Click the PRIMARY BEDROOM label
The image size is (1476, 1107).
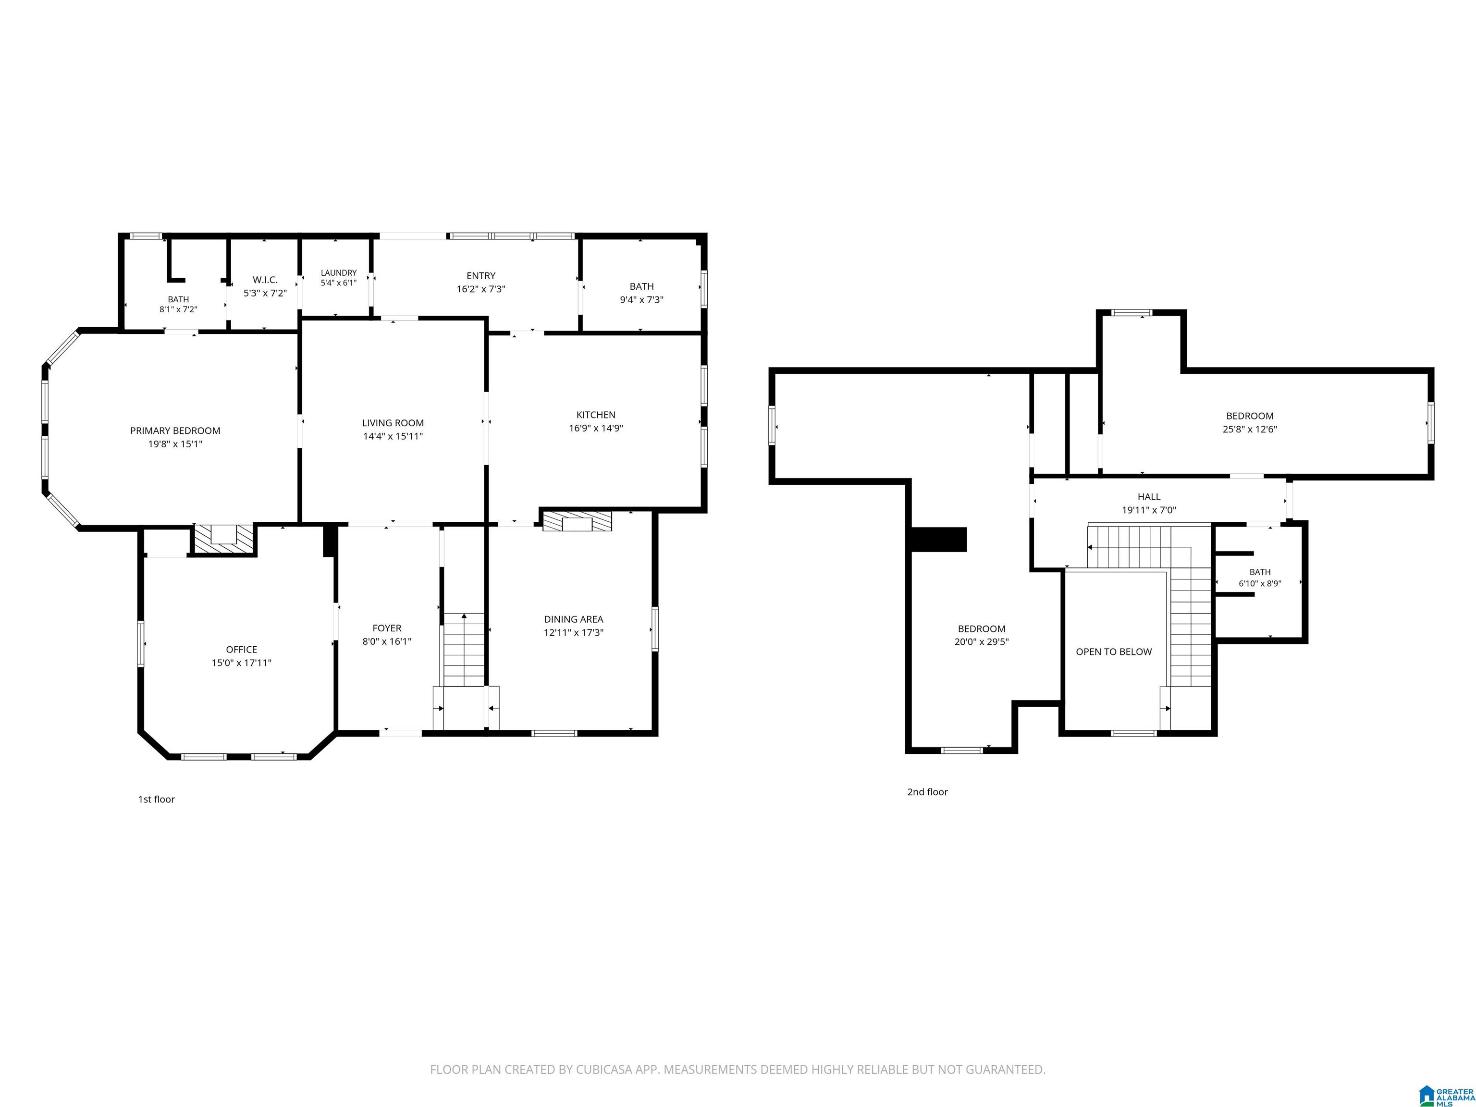pyautogui.click(x=175, y=431)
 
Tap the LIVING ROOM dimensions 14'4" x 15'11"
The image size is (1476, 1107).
pyautogui.click(x=393, y=436)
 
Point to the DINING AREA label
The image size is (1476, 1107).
pyautogui.click(x=573, y=619)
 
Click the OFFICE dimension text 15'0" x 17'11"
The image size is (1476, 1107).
pyautogui.click(x=242, y=663)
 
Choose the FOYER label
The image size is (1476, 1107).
pyautogui.click(x=387, y=628)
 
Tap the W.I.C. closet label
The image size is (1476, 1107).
pyautogui.click(x=265, y=280)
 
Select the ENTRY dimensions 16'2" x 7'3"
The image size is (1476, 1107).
pyautogui.click(x=480, y=289)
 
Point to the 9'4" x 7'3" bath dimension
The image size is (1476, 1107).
pyautogui.click(x=641, y=300)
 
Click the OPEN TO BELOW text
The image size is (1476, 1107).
pyautogui.click(x=1114, y=652)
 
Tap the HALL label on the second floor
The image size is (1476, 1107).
pyautogui.click(x=1149, y=496)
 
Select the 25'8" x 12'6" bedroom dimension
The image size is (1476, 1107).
pyautogui.click(x=1250, y=429)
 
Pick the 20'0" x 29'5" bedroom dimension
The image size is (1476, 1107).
pyautogui.click(x=982, y=642)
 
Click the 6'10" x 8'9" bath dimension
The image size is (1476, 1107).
pyautogui.click(x=1260, y=583)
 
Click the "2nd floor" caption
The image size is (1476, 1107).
pyautogui.click(x=927, y=792)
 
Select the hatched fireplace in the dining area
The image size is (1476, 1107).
pyautogui.click(x=577, y=521)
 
